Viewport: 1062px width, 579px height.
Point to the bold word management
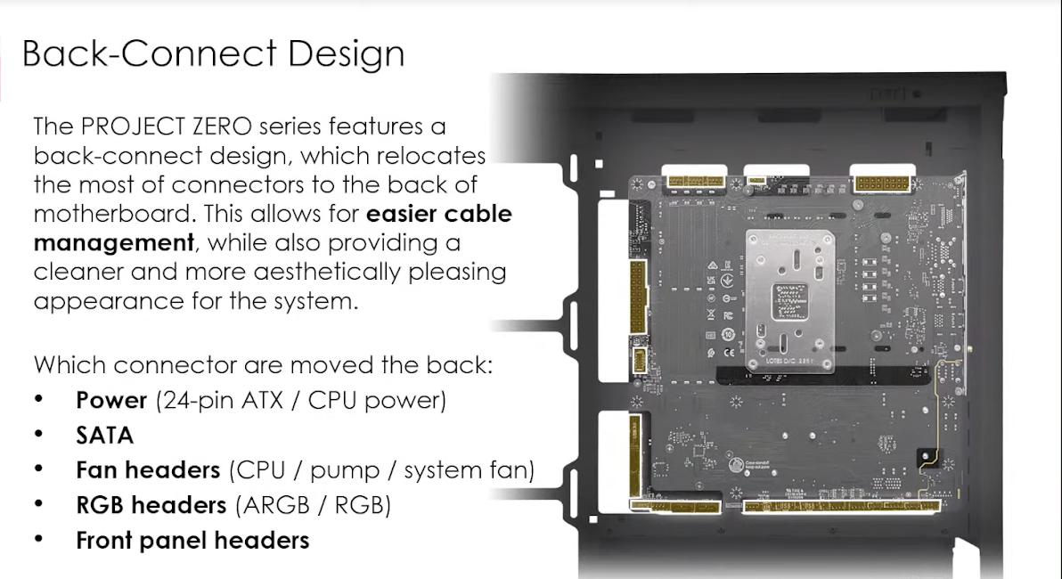(x=114, y=242)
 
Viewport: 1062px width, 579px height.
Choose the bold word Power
(x=111, y=400)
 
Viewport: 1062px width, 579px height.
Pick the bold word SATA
(x=105, y=436)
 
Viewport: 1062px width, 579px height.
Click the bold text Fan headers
(x=148, y=470)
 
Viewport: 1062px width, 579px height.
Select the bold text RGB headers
(x=151, y=505)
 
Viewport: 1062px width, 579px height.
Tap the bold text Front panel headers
(x=192, y=540)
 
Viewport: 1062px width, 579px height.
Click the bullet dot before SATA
(x=39, y=435)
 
